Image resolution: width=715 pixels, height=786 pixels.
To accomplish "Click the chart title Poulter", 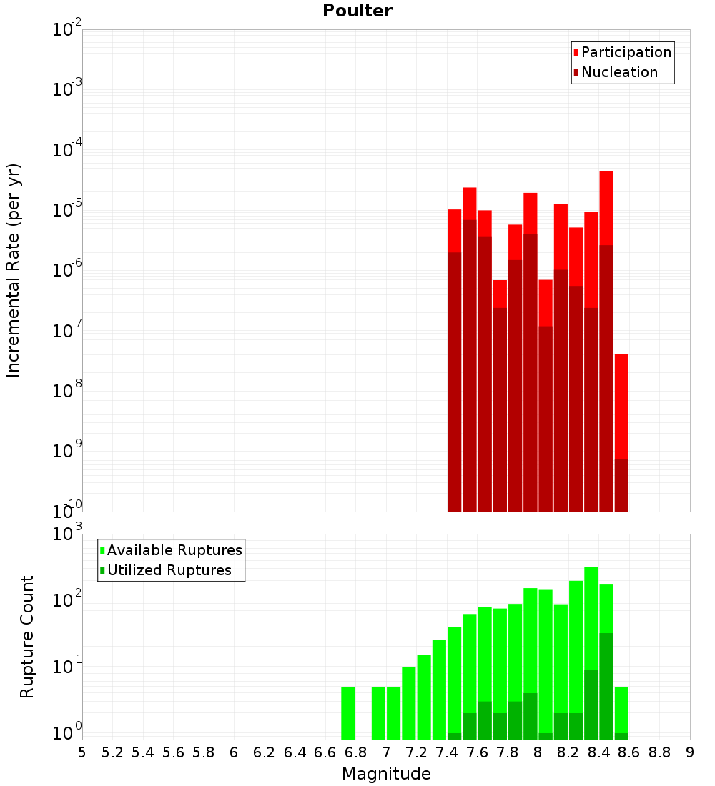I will (357, 11).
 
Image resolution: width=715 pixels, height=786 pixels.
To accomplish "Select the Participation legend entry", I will (626, 52).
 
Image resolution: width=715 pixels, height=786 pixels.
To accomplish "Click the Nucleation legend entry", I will (618, 72).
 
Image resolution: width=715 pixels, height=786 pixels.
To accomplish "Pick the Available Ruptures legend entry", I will (174, 550).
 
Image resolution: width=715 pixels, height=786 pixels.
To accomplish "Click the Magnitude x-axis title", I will (386, 774).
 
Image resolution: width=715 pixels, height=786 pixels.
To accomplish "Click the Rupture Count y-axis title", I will (27, 636).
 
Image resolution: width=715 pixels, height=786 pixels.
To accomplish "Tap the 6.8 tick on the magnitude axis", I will (355, 752).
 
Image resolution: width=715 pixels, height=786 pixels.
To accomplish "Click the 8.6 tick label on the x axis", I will (629, 752).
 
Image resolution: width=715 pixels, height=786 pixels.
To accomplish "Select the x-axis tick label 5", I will (82, 752).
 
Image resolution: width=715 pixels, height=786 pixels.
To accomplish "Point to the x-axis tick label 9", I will (690, 752).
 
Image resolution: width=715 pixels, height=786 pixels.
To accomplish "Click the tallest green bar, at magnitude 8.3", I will (591, 615).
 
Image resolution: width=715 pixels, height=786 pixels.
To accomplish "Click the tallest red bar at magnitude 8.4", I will (606, 207).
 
